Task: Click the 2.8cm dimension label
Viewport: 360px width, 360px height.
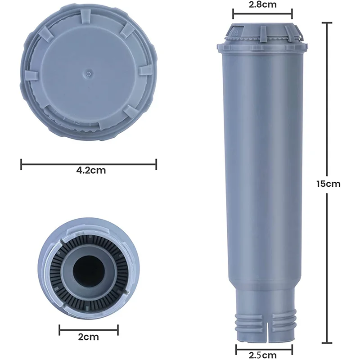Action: (262, 5)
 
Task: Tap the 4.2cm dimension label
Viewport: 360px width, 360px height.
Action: (88, 171)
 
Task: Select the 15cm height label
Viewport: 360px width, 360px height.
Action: (328, 184)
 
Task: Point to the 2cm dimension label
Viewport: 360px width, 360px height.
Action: (88, 337)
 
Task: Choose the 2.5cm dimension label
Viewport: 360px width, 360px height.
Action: (263, 355)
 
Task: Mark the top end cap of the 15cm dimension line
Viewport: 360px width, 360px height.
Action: (327, 22)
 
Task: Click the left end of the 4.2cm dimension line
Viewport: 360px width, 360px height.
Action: (21, 164)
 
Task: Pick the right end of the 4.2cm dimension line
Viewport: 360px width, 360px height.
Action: (156, 164)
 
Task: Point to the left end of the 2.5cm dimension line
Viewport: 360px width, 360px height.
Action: (236, 347)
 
